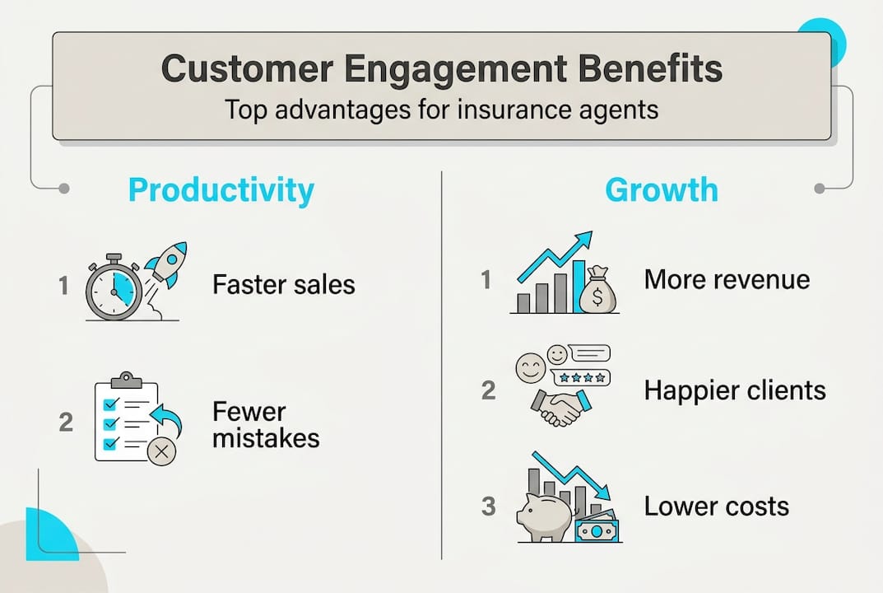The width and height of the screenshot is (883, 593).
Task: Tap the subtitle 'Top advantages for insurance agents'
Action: click(x=442, y=110)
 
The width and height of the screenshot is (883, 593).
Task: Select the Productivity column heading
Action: click(x=221, y=190)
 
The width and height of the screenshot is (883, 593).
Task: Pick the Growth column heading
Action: click(x=661, y=190)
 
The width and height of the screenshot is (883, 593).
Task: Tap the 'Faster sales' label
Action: click(x=284, y=285)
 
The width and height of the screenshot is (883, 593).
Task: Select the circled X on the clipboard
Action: click(x=161, y=451)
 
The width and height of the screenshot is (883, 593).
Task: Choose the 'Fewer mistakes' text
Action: click(x=266, y=424)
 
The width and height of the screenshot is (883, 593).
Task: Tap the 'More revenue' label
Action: click(x=727, y=280)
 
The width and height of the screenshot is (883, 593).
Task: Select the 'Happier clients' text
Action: click(x=735, y=390)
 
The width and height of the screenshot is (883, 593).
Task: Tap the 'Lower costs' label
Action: click(x=716, y=506)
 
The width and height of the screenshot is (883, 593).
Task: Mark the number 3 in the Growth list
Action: click(x=489, y=506)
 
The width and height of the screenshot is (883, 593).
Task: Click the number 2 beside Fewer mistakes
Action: click(x=67, y=422)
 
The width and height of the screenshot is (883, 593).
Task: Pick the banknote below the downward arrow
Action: click(x=597, y=530)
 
